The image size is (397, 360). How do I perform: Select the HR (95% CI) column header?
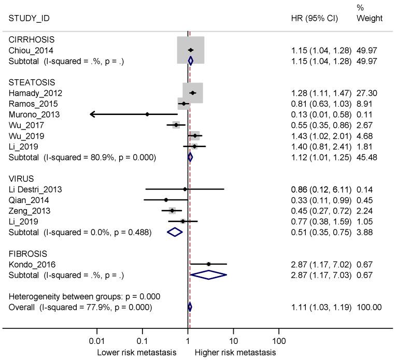point(315,18)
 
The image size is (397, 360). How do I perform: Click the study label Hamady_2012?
point(35,93)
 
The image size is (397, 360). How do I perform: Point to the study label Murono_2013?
point(34,114)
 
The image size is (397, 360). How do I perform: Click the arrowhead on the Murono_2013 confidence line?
point(93,114)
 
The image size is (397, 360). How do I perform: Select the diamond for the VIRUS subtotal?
point(175,232)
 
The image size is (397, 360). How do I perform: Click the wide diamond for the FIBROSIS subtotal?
point(208,275)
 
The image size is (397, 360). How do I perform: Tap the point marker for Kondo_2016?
point(209,264)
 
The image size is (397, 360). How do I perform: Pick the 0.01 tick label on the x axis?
point(96,342)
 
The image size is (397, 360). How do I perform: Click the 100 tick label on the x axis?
point(279,342)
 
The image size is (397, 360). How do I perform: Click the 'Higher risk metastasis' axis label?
point(235,353)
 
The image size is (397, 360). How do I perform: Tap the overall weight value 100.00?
point(369,307)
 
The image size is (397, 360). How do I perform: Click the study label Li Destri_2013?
point(35,189)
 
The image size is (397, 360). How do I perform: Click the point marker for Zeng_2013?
point(172,210)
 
